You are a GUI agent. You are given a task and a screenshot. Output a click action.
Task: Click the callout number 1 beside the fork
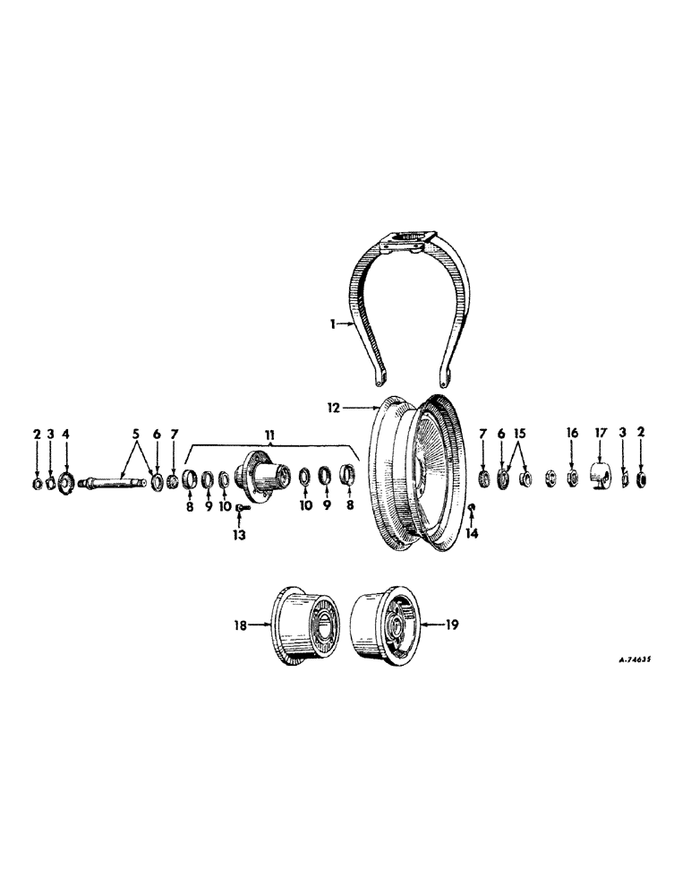(x=333, y=326)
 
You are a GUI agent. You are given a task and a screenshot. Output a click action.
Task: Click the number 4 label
(x=64, y=435)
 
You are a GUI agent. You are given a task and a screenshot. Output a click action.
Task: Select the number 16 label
(x=571, y=435)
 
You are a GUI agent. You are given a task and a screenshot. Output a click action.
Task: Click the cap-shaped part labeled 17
(x=601, y=475)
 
